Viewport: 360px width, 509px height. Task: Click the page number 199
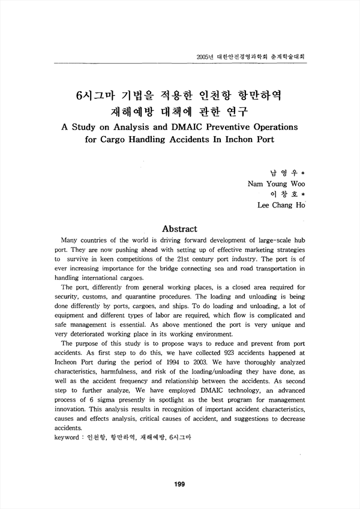click(x=179, y=484)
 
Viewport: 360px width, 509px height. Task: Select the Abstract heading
click(x=180, y=228)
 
